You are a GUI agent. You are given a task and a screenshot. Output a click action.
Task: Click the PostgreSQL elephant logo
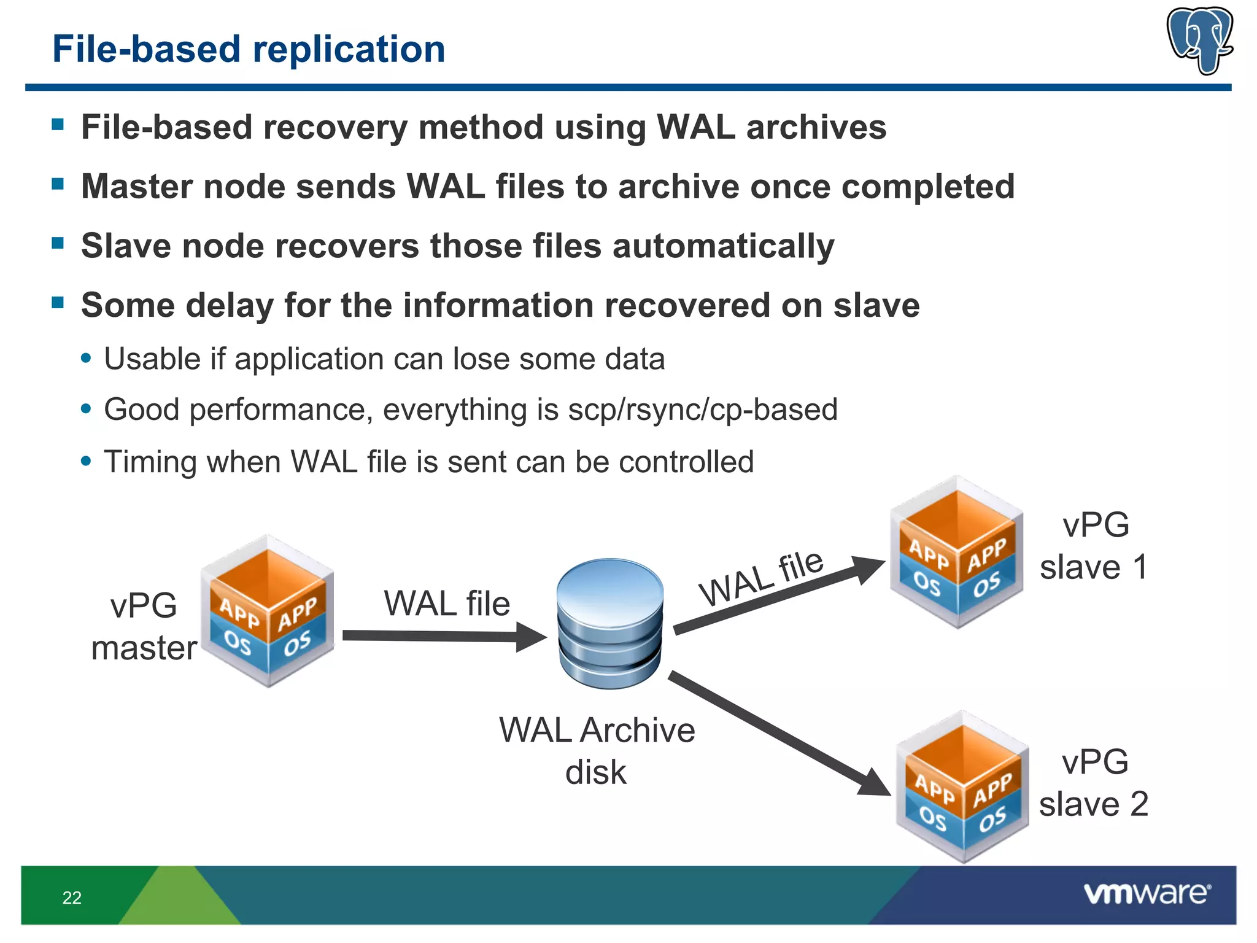[1200, 40]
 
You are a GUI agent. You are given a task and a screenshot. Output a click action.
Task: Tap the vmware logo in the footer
[1147, 893]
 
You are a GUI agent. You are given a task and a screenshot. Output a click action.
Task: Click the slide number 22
[72, 898]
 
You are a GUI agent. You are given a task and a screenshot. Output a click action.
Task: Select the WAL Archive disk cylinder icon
[610, 623]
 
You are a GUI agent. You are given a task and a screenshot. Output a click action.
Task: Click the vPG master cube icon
[268, 611]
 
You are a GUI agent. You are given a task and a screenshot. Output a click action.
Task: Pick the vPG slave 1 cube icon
[956, 551]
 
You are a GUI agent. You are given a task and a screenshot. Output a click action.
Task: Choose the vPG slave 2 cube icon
[962, 787]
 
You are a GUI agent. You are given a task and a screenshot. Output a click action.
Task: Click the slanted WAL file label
[761, 577]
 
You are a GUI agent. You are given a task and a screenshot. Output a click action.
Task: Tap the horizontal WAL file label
[447, 603]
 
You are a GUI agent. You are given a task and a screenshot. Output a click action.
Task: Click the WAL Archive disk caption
[597, 751]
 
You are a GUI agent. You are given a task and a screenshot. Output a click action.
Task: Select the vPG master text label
[144, 626]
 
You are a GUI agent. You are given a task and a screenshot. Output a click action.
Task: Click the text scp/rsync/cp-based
[702, 409]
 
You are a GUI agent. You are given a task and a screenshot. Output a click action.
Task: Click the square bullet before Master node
[58, 184]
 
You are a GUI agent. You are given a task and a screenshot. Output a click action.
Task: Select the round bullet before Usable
[86, 358]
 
